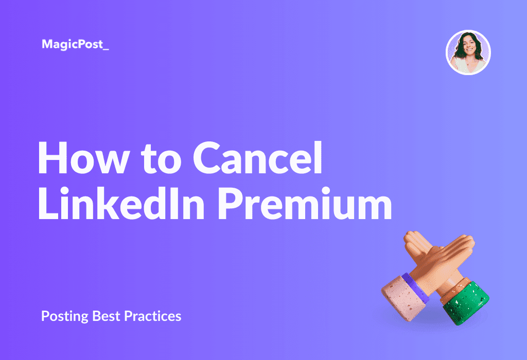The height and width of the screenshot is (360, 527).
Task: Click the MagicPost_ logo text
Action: [75, 44]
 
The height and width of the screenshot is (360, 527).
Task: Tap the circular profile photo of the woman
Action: [468, 52]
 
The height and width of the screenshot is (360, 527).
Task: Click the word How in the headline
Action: [84, 158]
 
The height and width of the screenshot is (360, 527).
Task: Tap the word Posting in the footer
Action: [64, 316]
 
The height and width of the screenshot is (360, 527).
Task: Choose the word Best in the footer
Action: [106, 316]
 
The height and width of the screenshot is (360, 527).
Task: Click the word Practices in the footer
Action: [152, 316]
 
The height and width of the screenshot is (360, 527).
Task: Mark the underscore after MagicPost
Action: [106, 50]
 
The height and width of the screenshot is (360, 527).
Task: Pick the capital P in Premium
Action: [231, 204]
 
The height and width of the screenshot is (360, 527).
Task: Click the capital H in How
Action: [53, 158]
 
